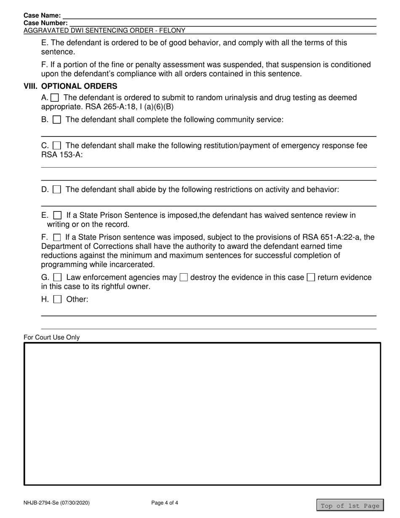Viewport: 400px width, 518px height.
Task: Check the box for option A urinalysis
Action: point(55,98)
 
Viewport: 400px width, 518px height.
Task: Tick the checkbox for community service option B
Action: point(57,120)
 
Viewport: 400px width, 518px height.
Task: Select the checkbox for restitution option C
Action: point(57,146)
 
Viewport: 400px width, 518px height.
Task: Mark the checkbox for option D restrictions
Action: point(57,190)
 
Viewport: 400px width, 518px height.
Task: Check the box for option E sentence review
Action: point(57,216)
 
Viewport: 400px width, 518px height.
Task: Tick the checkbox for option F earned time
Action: point(56,238)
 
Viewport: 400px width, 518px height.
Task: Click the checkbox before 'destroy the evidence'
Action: point(184,278)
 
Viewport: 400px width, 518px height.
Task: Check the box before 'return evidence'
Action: point(311,278)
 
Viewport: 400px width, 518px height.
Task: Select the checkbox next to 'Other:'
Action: point(58,300)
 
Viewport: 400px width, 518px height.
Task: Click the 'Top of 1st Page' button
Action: point(350,506)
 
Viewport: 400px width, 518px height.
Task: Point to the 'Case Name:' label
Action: point(42,16)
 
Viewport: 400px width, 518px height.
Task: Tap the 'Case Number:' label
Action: point(45,23)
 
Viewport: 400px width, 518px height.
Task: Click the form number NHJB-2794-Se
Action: point(56,503)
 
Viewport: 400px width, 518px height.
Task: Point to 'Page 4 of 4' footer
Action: point(165,503)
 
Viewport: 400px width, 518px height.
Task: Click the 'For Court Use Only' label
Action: point(51,337)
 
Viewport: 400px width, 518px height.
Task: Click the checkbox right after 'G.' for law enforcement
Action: point(58,278)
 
